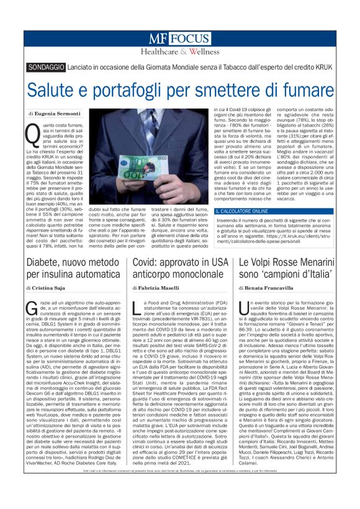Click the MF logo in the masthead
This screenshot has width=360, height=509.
click(x=158, y=38)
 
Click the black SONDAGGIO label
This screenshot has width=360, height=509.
click(x=48, y=67)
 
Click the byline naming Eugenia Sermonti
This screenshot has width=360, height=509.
click(x=55, y=114)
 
